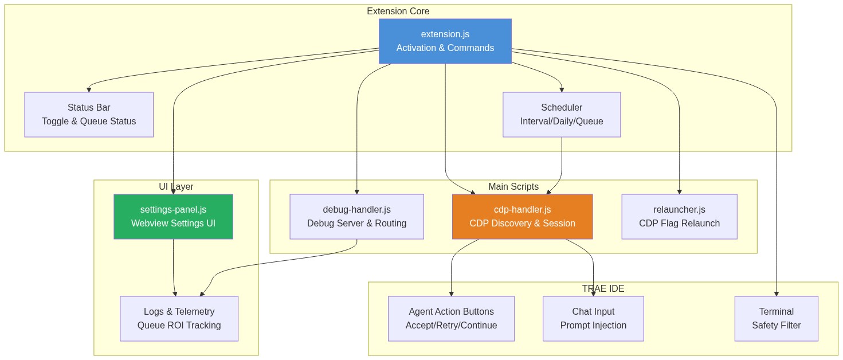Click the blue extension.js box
click(445, 41)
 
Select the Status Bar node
click(89, 115)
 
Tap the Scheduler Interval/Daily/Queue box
click(561, 115)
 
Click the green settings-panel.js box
click(173, 216)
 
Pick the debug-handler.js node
click(356, 216)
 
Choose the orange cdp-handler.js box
click(522, 216)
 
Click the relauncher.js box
click(679, 216)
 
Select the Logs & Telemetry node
click(179, 318)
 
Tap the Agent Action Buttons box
click(451, 318)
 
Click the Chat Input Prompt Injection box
click(593, 318)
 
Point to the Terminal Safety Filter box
click(776, 318)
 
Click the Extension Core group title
click(398, 11)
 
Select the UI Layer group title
click(176, 186)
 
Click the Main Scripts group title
click(513, 186)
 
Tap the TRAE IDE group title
click(603, 288)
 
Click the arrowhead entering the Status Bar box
click(89, 89)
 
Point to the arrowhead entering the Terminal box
click(776, 293)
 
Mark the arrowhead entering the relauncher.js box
click(679, 191)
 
